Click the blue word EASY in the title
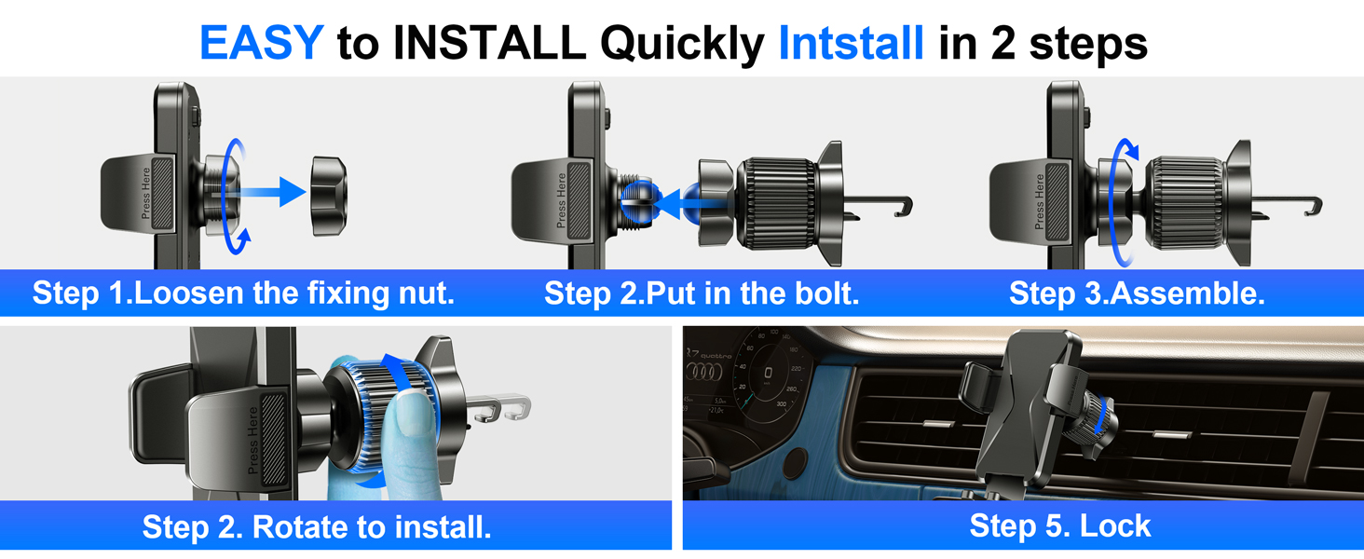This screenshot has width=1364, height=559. (x=261, y=43)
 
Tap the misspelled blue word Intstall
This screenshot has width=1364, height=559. (x=852, y=43)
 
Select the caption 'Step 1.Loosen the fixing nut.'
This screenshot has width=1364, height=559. (x=243, y=293)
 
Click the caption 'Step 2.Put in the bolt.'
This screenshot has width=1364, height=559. (x=702, y=293)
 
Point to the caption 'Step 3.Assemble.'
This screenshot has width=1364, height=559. (x=1137, y=293)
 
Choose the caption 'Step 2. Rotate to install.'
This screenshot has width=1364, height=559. (x=317, y=526)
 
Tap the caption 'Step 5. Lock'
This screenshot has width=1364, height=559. (x=1060, y=525)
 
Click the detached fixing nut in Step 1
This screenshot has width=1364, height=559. (x=329, y=196)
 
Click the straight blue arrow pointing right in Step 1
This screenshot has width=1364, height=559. (x=268, y=192)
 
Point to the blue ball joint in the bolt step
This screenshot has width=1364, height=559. (x=638, y=201)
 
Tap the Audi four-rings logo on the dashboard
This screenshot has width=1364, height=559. (x=704, y=372)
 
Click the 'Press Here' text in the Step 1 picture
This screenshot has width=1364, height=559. (x=145, y=193)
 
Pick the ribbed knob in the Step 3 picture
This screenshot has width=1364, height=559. (x=1185, y=203)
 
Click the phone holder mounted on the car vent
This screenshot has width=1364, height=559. (x=1035, y=414)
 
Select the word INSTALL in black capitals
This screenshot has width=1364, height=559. (x=489, y=43)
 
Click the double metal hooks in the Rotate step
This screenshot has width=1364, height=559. (x=499, y=407)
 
